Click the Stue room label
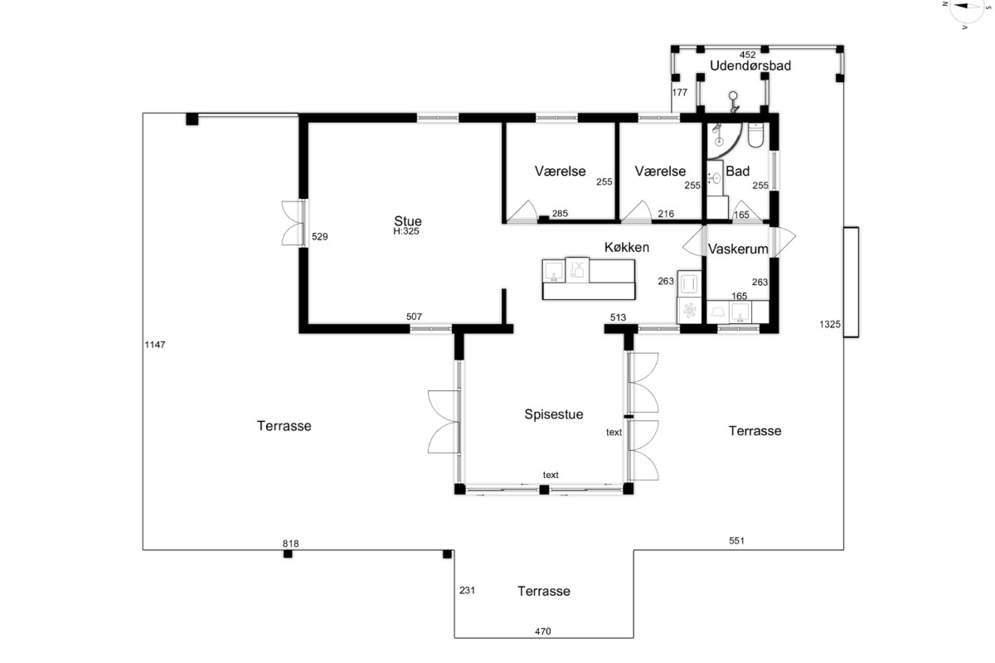point(408,220)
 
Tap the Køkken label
point(627,247)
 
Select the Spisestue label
point(554,414)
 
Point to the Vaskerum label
point(738,249)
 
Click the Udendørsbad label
point(750,65)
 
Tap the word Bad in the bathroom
point(737,171)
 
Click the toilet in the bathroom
point(755,135)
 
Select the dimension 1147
point(155,345)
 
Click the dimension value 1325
point(830,324)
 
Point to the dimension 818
point(290,544)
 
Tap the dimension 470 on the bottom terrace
point(543,631)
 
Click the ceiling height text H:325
point(406,231)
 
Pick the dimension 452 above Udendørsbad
point(747,55)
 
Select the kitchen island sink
point(554,271)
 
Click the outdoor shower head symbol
point(733,102)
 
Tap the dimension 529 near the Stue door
point(320,237)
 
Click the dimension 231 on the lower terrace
point(467,590)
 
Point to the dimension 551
point(736,540)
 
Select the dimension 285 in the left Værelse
point(560,213)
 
